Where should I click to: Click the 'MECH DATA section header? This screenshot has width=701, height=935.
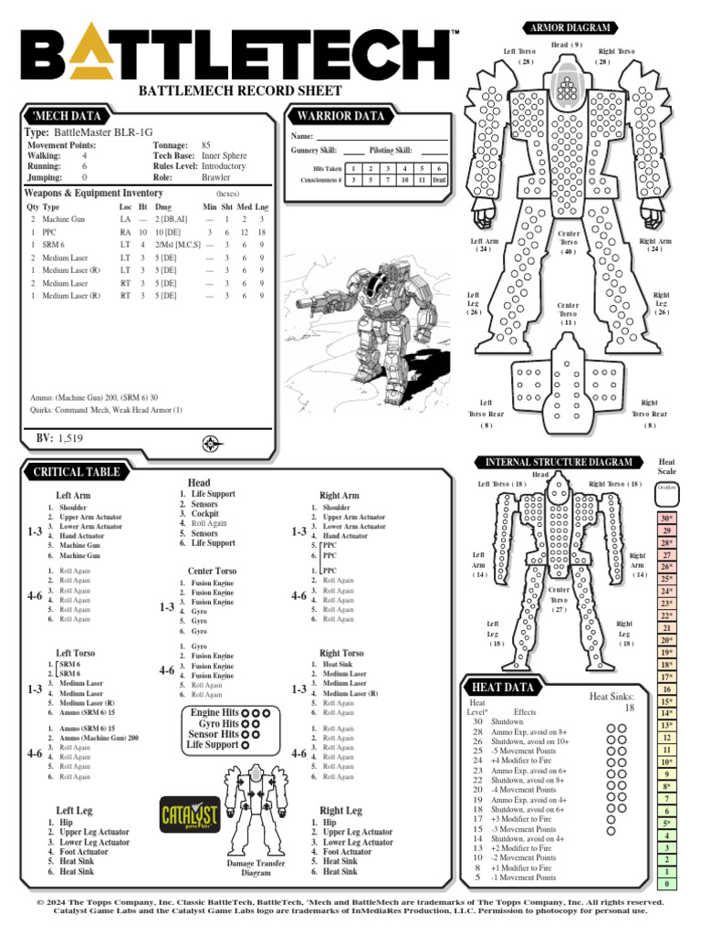[64, 116]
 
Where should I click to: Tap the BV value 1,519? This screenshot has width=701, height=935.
[76, 439]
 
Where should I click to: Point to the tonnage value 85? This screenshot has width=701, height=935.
[206, 145]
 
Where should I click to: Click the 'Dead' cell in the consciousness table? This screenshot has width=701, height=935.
[439, 180]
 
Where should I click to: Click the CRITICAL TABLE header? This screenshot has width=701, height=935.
[77, 471]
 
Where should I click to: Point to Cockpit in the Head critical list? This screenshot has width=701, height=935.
[204, 514]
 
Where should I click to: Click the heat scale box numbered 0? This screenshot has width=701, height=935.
[667, 884]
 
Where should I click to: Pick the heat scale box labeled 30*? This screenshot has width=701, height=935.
[667, 519]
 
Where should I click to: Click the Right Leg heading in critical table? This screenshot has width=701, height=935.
[340, 810]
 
